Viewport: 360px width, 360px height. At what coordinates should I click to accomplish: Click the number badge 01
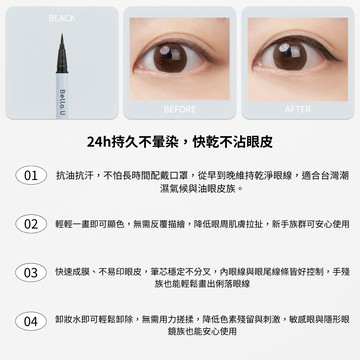point(31,176)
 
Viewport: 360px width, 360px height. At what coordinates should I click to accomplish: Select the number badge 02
point(31,225)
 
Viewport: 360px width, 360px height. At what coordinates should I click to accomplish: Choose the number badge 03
point(31,272)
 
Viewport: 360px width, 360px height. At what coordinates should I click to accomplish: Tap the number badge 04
point(31,321)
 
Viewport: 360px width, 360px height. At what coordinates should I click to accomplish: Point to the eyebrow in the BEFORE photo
point(178,27)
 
